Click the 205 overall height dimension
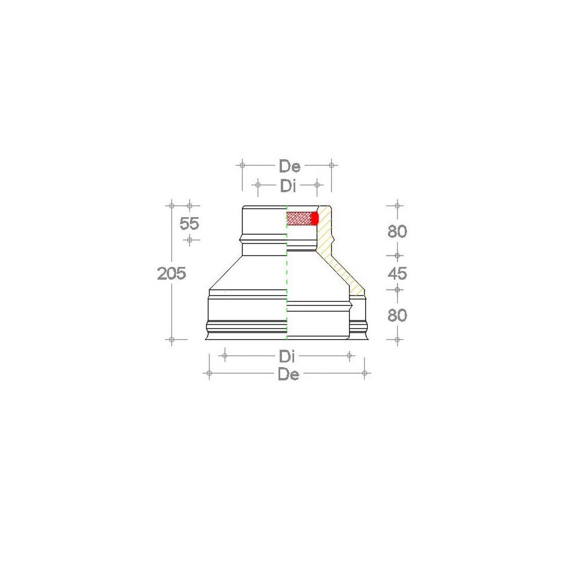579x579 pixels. (x=171, y=273)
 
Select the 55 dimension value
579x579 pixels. (x=189, y=223)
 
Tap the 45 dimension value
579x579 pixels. (x=397, y=273)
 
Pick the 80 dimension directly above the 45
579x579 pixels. (x=397, y=232)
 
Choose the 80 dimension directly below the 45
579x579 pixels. (x=397, y=316)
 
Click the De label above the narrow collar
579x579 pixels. (x=289, y=167)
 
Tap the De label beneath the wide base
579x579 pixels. (x=288, y=375)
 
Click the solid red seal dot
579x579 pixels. (x=315, y=218)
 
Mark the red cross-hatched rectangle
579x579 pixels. (x=299, y=218)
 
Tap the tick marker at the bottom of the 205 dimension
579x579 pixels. (x=171, y=339)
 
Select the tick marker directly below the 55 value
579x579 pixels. (x=189, y=239)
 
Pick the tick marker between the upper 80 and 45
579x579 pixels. (x=397, y=255)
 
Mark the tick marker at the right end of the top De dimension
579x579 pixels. (x=331, y=165)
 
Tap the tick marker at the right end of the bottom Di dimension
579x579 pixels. (x=349, y=356)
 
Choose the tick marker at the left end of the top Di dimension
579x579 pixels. (x=258, y=185)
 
